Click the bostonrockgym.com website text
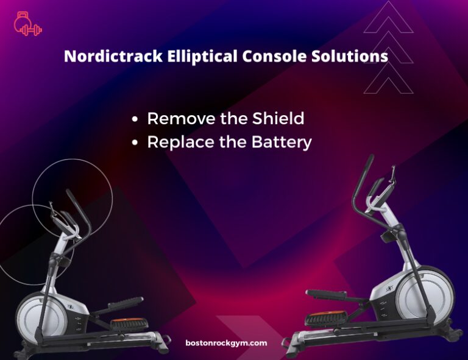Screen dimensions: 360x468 pos(226,343)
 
